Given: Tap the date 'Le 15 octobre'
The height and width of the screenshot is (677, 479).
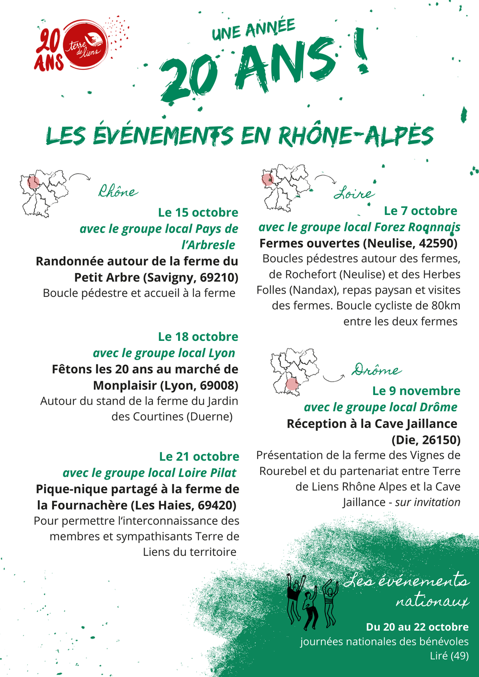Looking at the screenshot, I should [198, 213].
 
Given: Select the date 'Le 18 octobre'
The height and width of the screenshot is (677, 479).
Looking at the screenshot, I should [198, 337].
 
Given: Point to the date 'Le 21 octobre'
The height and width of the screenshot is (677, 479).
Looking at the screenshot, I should [199, 457].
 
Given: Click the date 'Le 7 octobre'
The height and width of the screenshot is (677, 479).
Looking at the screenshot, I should [420, 211].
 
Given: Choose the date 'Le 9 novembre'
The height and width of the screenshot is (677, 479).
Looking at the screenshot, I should [416, 391].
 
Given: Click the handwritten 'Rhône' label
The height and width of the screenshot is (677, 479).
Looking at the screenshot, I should [118, 192].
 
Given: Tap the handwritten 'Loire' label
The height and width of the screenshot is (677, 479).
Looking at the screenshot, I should [354, 193].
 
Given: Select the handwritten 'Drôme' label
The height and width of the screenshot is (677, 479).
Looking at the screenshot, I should [376, 370].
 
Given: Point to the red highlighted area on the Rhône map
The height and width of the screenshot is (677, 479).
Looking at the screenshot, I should [34, 182].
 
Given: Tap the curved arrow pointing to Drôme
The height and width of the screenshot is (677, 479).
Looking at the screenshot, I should [333, 378].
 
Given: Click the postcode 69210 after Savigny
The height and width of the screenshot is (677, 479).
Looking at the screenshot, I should [219, 278].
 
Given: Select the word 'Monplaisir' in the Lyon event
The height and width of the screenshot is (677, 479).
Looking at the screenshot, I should [125, 386].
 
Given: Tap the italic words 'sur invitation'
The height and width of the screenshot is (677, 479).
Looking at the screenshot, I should [427, 502].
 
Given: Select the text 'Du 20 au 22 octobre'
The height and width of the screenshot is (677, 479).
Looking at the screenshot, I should [417, 627].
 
